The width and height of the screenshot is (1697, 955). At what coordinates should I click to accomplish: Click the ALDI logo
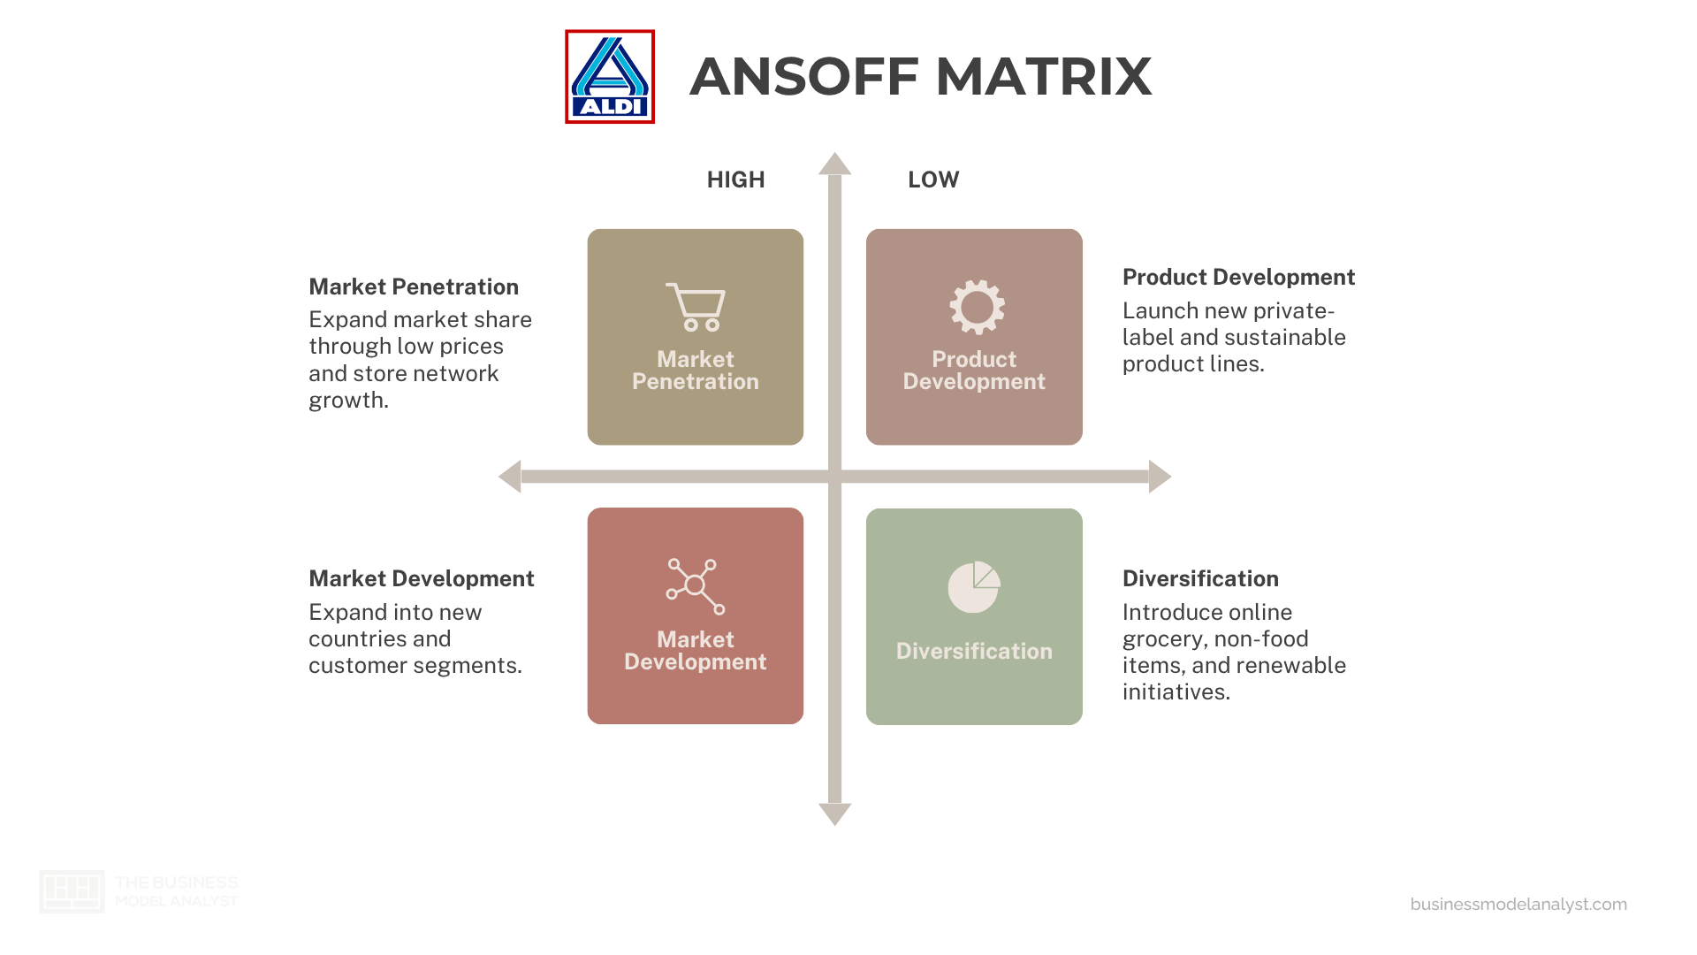coord(610,77)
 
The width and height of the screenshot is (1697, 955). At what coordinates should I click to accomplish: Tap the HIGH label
coord(735,180)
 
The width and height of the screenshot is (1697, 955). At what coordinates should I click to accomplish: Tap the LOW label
coord(933,180)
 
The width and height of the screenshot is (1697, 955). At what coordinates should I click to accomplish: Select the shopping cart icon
coord(696,307)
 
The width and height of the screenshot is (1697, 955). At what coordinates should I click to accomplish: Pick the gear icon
coord(977,307)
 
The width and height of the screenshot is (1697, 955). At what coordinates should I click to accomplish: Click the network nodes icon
coord(696,586)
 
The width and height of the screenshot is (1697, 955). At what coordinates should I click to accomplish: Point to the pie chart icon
coord(974,586)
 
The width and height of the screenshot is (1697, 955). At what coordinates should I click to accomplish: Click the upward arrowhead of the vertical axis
coord(834,164)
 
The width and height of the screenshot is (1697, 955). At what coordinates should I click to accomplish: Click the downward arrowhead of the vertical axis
coord(834,814)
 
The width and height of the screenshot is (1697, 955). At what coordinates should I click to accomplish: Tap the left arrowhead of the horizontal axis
coord(510,477)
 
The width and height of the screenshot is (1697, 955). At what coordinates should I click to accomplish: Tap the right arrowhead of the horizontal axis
coord(1160,477)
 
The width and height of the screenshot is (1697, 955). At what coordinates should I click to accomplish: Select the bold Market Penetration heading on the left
coord(414,286)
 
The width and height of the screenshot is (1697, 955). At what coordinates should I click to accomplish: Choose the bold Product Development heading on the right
coord(1238,277)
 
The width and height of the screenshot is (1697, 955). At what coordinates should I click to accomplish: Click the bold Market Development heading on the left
coord(422,578)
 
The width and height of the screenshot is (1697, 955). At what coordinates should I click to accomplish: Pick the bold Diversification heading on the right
coord(1200,578)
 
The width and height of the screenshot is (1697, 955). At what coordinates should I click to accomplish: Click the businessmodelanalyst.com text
coord(1518,904)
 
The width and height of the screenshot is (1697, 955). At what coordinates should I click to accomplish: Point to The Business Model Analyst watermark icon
coord(72,891)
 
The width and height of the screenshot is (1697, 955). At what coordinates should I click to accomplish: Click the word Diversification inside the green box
coord(974,651)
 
